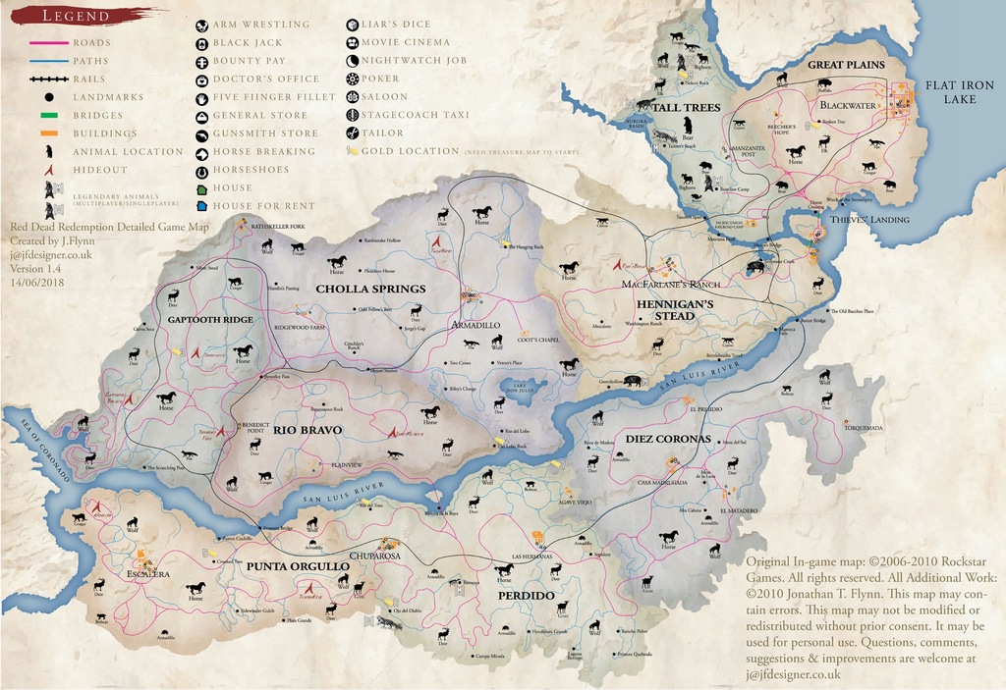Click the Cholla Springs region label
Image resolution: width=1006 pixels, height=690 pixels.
click(370, 289)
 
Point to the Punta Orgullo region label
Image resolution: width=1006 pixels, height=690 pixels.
click(297, 566)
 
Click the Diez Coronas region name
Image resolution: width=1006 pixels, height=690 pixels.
click(667, 438)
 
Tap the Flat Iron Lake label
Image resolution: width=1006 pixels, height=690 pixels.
click(961, 92)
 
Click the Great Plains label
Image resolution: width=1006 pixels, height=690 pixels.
click(846, 65)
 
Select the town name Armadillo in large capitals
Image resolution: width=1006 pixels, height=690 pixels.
click(475, 324)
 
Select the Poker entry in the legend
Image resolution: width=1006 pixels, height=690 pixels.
click(380, 79)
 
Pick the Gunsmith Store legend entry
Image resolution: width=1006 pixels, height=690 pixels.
click(265, 133)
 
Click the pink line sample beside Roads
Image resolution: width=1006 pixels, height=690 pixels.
click(46, 43)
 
